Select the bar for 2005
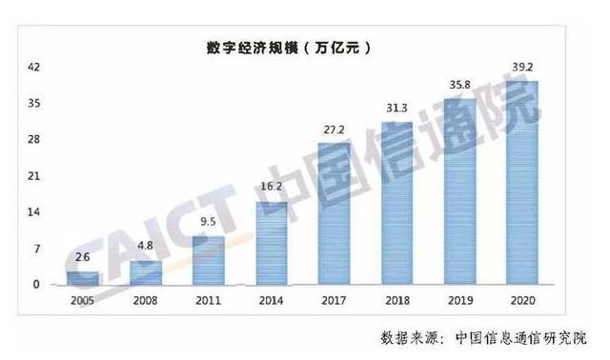(x=82, y=277)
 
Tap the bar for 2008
(x=146, y=272)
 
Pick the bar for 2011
(x=209, y=260)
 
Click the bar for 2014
(x=272, y=243)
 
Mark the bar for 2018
(x=397, y=203)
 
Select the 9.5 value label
(x=209, y=223)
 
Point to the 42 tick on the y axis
(x=33, y=67)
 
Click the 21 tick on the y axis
(x=33, y=176)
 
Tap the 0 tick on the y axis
(x=36, y=285)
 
